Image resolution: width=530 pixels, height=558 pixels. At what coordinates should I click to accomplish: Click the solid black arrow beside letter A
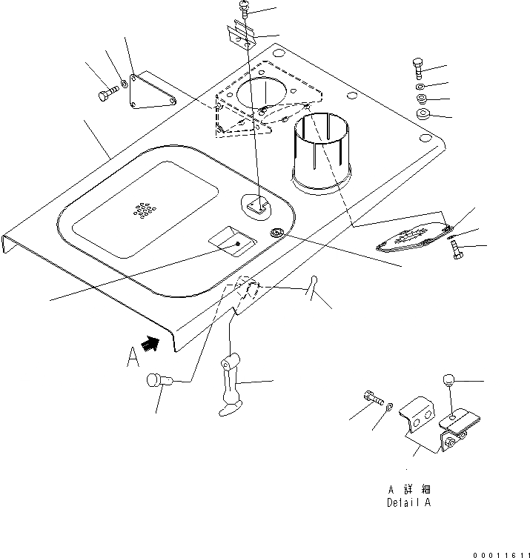click(x=151, y=342)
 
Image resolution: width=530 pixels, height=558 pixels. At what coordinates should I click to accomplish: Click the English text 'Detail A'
click(x=408, y=502)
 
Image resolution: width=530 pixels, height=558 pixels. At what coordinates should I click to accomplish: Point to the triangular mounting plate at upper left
click(x=151, y=92)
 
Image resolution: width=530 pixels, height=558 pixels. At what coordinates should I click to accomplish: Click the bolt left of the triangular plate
click(x=107, y=95)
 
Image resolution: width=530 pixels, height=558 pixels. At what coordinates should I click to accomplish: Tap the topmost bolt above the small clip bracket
click(x=245, y=8)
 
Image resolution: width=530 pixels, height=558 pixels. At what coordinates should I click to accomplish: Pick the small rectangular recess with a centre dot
click(x=232, y=240)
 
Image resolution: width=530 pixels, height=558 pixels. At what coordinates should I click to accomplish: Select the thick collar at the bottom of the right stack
click(x=423, y=114)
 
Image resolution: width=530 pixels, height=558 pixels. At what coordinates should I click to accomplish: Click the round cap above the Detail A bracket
click(x=448, y=381)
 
